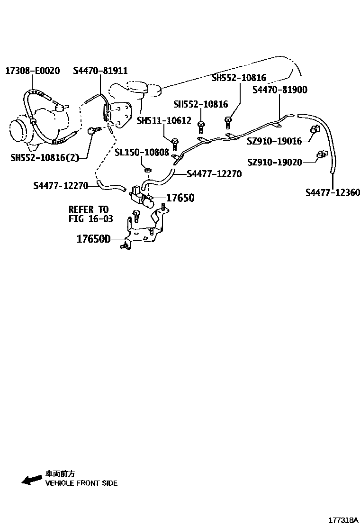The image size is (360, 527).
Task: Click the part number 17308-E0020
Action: coord(32,71)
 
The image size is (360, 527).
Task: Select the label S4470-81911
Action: coord(100,71)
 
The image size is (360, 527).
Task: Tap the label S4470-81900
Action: coord(279,90)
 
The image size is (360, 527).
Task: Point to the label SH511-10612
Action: coord(164,121)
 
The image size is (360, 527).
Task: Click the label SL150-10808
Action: coord(142,153)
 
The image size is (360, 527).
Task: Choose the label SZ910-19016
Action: coord(274,141)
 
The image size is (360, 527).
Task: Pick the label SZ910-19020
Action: coord(274,163)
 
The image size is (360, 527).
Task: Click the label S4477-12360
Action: coord(333,192)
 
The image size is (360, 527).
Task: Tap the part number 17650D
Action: coord(93,239)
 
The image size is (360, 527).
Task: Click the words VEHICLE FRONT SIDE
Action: coord(81,483)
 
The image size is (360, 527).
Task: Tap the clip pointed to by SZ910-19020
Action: coord(322,154)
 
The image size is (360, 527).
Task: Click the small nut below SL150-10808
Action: coord(147,170)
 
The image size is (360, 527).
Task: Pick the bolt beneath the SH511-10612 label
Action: coord(175,143)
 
